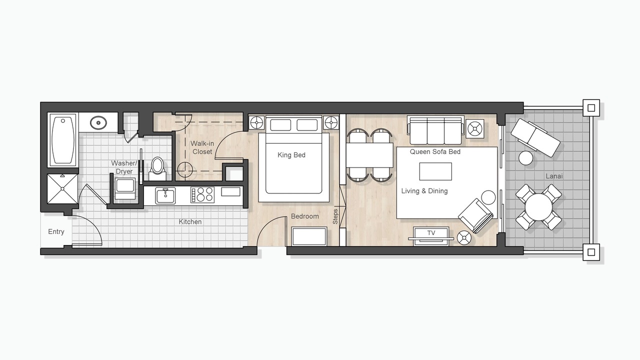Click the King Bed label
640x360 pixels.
coord(291,155)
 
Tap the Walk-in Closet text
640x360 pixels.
coord(202,147)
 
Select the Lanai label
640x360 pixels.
coord(554,176)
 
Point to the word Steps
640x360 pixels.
coord(335,216)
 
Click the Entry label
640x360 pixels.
coord(56,231)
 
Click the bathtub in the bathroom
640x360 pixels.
coord(63,140)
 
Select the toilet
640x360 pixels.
coord(157,168)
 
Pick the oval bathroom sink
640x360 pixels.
coord(98,123)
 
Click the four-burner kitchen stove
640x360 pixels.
coord(202,195)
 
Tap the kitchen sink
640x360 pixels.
coord(165,195)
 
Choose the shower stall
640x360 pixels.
coord(62,189)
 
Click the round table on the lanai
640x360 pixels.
coord(538,207)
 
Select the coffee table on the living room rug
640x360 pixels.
coord(435,171)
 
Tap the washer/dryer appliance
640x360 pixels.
coord(125,188)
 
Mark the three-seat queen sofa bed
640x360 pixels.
coord(435,131)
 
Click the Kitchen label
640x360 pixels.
coord(190,221)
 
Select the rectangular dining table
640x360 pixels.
coord(369,155)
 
